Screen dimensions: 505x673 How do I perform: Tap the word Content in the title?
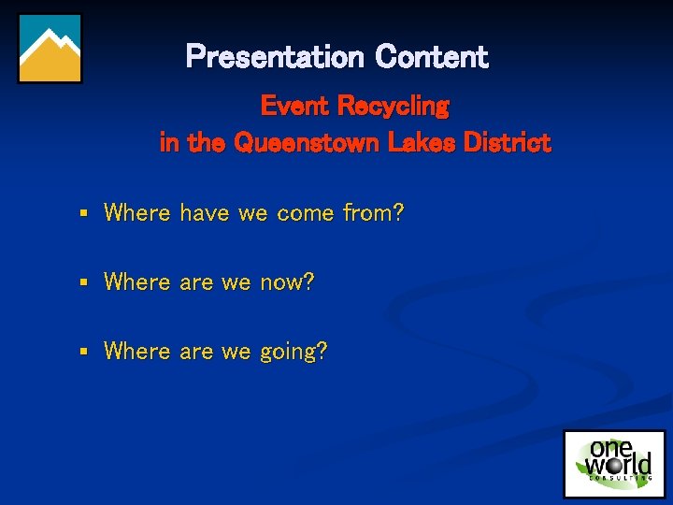pyautogui.click(x=432, y=57)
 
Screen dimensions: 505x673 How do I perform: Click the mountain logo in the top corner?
pyautogui.click(x=50, y=49)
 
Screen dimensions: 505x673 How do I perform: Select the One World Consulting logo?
pyautogui.click(x=614, y=463)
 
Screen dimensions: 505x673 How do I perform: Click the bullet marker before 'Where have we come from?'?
pyautogui.click(x=83, y=214)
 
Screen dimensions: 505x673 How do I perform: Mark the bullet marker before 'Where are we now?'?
pyautogui.click(x=83, y=282)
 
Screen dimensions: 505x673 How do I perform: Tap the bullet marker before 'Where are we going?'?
pyautogui.click(x=83, y=352)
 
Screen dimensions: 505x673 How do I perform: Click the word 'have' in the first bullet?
pyautogui.click(x=205, y=213)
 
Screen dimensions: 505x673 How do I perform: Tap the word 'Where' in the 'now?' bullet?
pyautogui.click(x=137, y=281)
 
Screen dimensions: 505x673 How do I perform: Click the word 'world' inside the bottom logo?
pyautogui.click(x=619, y=465)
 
